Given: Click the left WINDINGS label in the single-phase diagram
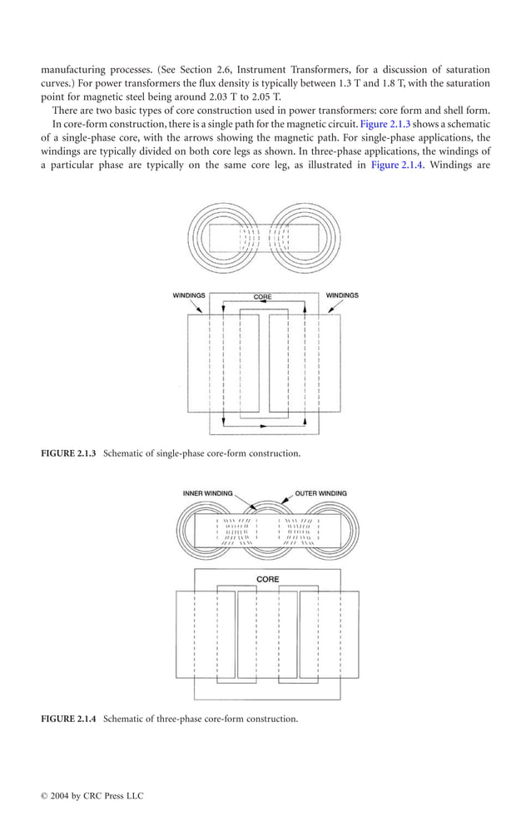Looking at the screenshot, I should click(189, 295).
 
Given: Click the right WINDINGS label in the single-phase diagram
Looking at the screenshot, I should click(342, 295).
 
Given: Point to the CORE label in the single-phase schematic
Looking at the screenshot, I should click(263, 297).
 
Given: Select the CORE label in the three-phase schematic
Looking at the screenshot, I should click(268, 579).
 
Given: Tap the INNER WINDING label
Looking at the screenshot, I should click(208, 493).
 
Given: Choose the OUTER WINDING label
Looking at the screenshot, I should click(321, 493).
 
